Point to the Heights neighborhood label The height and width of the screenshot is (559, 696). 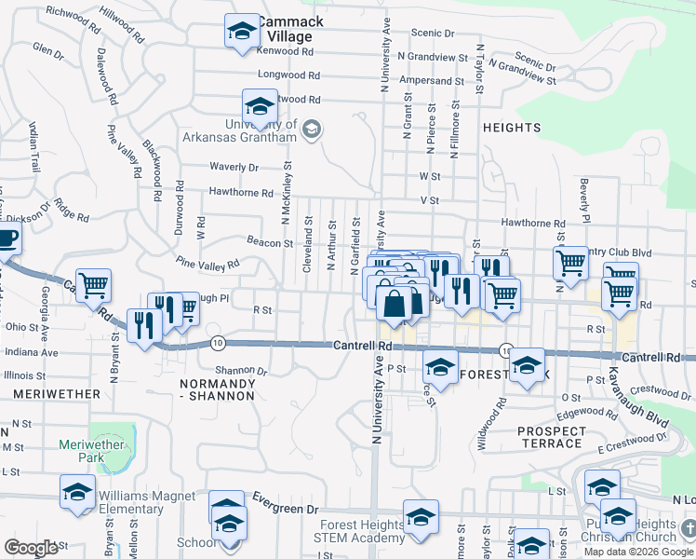(x=512, y=127)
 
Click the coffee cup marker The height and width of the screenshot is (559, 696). (x=6, y=239)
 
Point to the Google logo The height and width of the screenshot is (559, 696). (x=31, y=548)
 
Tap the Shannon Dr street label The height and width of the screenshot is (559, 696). (x=241, y=370)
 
